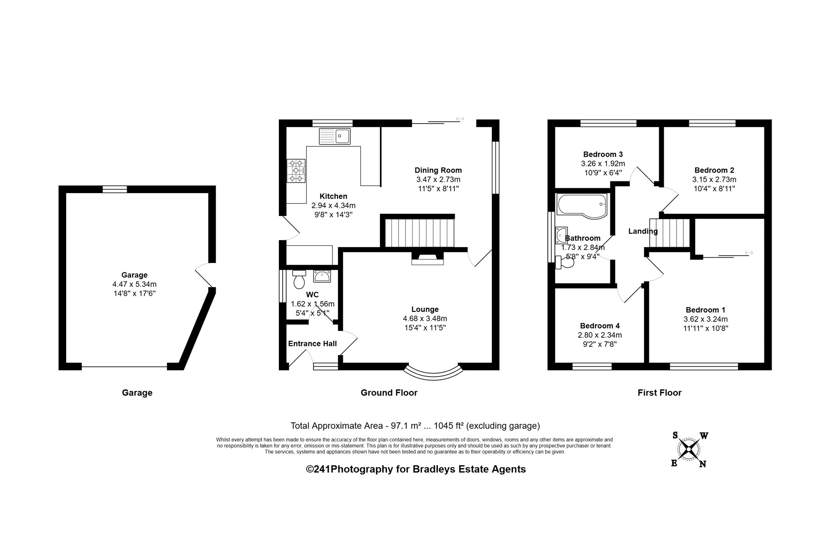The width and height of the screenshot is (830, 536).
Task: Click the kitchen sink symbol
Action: click(335, 136)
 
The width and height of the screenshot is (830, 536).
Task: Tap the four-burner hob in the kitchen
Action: click(296, 171)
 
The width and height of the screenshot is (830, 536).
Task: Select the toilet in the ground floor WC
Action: click(299, 280)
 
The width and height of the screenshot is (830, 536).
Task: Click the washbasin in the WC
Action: click(322, 276)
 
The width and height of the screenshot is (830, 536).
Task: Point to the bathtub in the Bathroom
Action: click(582, 205)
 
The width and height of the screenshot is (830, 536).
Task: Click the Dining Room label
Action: click(438, 170)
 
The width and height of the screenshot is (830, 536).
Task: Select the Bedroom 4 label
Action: click(600, 326)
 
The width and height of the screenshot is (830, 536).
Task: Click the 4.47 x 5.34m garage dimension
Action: click(134, 284)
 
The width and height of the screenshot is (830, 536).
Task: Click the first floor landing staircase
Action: click(669, 233)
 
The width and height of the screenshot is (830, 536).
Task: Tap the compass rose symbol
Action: click(688, 449)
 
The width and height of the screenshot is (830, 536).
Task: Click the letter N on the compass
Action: click(703, 464)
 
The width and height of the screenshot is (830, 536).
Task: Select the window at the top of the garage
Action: click(115, 189)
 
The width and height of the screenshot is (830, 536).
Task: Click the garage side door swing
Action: click(204, 275)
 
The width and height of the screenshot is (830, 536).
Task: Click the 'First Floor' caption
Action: click(659, 393)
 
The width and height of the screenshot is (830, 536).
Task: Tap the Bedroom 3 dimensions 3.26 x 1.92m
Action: click(603, 164)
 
